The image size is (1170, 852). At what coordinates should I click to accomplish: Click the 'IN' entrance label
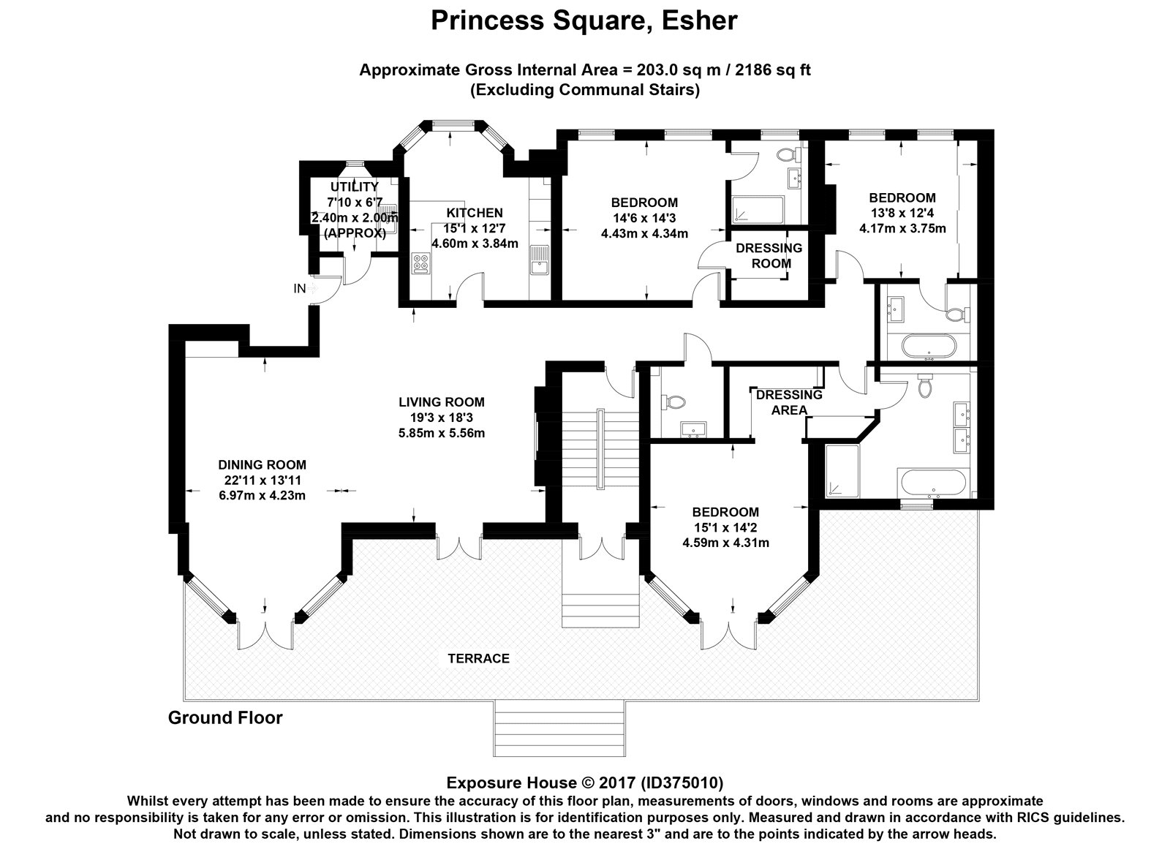(299, 289)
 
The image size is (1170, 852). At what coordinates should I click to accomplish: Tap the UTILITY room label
(354, 187)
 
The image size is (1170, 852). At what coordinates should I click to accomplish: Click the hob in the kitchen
(422, 263)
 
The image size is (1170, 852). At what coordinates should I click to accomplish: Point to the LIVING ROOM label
(441, 402)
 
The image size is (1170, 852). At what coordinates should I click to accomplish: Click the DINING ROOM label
(262, 464)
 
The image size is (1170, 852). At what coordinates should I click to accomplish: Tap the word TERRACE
(478, 658)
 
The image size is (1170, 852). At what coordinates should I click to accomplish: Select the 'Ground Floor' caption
(225, 717)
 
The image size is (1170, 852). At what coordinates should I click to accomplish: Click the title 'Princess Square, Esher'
(584, 20)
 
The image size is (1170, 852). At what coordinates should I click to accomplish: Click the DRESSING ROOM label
(769, 255)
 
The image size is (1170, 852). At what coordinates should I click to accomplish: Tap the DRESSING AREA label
(789, 402)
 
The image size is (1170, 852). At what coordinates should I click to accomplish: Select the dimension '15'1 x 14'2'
(725, 527)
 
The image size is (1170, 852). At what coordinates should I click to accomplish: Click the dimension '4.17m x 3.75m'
(902, 228)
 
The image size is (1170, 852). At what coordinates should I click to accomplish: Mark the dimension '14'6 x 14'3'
(644, 218)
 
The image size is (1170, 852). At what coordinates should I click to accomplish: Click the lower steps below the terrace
(559, 728)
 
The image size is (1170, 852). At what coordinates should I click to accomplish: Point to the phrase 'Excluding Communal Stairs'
(584, 90)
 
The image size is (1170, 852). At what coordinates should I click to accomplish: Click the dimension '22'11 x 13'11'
(262, 480)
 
